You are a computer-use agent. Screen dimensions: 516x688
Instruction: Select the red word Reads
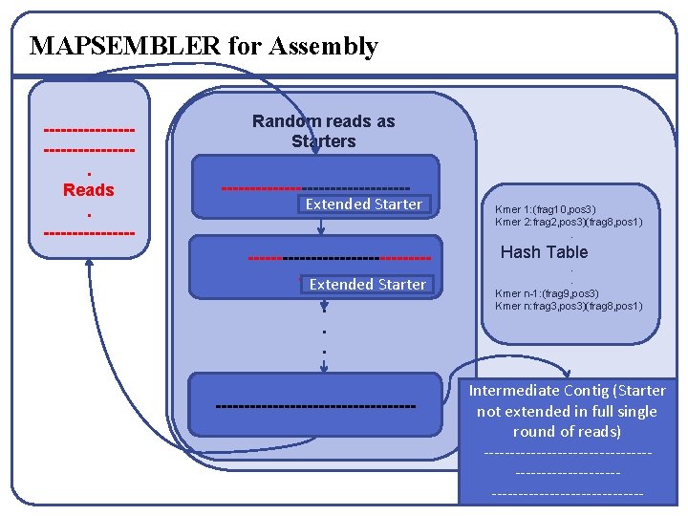(x=89, y=190)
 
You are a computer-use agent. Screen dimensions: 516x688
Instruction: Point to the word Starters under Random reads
(x=323, y=141)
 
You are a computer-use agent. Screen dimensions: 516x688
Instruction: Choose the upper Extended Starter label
(x=363, y=204)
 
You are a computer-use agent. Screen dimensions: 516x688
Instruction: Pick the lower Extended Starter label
(x=367, y=284)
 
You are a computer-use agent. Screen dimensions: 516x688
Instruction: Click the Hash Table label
(x=544, y=252)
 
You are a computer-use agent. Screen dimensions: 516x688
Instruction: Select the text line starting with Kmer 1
(x=546, y=209)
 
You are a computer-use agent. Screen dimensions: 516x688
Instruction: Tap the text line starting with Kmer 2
(x=569, y=222)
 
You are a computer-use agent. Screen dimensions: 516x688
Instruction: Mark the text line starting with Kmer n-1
(x=547, y=293)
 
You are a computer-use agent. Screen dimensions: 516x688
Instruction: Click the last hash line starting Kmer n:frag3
(x=569, y=306)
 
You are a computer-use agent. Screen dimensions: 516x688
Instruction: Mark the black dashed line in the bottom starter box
(x=316, y=407)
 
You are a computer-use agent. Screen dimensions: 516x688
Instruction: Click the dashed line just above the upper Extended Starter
(x=316, y=187)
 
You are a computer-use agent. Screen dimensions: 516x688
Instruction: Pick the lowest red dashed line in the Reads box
(x=89, y=231)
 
